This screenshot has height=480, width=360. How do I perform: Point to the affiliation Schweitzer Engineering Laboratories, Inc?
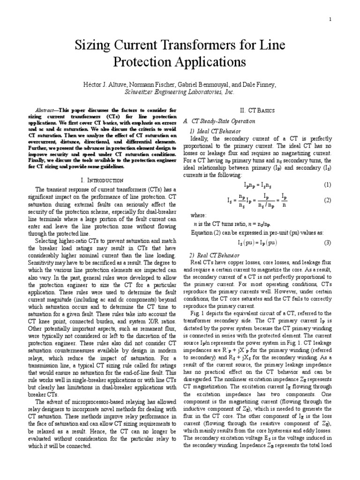pyautogui.click(x=180, y=92)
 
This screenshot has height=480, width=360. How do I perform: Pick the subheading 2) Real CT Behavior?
pyautogui.click(x=215, y=255)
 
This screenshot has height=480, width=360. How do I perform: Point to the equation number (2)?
pyautogui.click(x=327, y=200)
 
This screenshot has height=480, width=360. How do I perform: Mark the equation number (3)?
pyautogui.click(x=327, y=242)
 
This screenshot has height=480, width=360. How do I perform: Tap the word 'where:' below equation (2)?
pyautogui.click(x=197, y=215)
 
